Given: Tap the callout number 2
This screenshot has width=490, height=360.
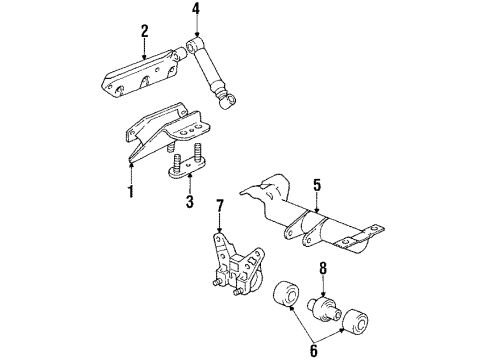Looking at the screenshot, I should click(x=144, y=31).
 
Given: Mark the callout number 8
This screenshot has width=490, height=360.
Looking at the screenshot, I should click(x=322, y=269).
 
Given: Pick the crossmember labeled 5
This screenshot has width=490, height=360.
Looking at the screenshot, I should click(x=320, y=225).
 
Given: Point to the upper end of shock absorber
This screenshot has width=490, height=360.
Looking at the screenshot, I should click(x=190, y=45).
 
